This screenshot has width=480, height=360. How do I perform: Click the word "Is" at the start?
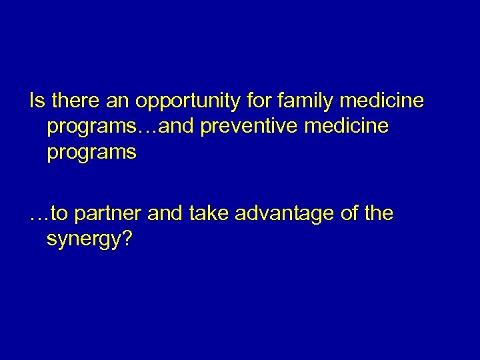point(37,101)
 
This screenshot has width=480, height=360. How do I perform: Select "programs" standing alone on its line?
point(91,153)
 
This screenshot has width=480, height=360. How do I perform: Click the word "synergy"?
point(83,240)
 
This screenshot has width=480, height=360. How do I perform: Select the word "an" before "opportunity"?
point(119,103)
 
